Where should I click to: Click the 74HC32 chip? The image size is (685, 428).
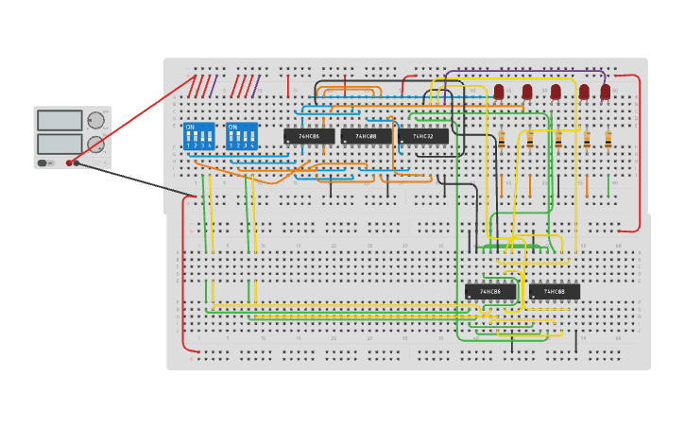422,136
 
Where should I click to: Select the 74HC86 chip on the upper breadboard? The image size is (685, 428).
309,136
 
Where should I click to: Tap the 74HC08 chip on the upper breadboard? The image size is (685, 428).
366,136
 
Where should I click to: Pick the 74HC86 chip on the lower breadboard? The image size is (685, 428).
489,292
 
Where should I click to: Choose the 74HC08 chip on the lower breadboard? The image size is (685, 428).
555,292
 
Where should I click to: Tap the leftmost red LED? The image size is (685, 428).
499,92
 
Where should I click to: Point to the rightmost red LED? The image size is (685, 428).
606,92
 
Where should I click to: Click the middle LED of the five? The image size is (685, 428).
556,92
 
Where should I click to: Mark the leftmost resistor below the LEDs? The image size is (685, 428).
502,140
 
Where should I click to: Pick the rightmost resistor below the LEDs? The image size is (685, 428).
608,140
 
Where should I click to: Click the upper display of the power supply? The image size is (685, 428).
60,120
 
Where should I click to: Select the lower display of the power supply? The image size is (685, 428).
60,143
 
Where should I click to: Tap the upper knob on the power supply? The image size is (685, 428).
95,120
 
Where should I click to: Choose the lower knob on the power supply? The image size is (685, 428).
95,144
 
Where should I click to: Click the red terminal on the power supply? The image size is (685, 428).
69,163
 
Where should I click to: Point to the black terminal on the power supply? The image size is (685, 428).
77,163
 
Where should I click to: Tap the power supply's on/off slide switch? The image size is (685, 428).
43,163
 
